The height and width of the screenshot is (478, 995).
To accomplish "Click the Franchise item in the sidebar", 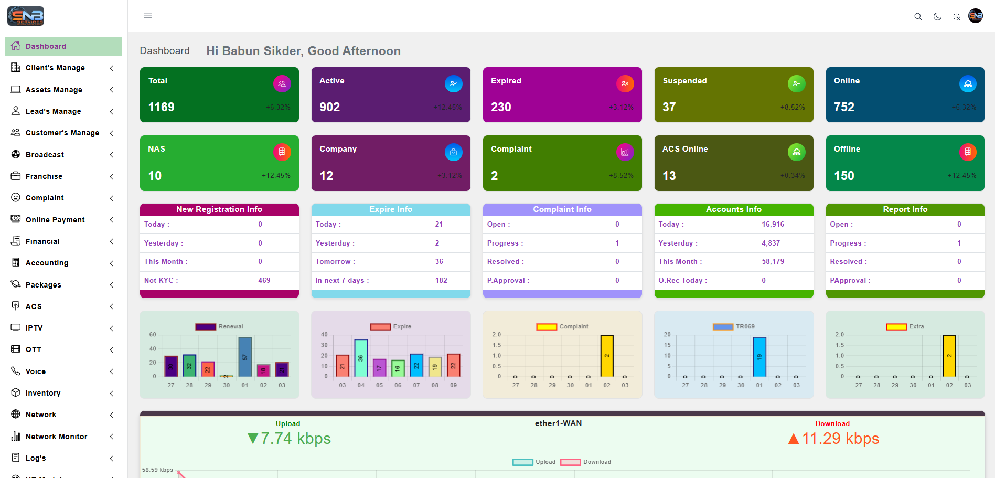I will (44, 176).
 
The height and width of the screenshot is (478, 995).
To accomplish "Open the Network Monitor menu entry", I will (56, 437).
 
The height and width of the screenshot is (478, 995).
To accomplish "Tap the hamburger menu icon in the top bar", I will (148, 16).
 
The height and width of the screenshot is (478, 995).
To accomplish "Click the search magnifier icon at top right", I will (918, 17).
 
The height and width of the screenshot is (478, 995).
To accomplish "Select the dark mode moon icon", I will (937, 17).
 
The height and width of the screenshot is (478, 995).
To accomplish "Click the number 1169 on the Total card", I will (162, 107).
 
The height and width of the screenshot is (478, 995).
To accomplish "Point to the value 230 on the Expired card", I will (501, 107).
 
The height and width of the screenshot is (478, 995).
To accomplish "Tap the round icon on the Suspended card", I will (796, 83).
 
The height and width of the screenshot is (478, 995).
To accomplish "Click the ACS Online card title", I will (685, 149).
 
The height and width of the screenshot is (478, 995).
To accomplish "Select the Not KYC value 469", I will (264, 281).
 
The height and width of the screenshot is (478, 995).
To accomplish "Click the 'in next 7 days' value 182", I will (441, 281).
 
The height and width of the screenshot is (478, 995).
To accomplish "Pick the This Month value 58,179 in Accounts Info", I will (773, 262).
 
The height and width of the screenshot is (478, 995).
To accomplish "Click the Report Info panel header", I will (905, 209).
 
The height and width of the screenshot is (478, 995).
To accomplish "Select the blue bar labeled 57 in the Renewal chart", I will (245, 357).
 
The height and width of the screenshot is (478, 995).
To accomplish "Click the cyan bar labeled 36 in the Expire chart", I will (361, 358).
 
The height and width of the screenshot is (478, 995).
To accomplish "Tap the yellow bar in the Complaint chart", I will (607, 356).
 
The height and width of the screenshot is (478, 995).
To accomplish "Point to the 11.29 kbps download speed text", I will (840, 439).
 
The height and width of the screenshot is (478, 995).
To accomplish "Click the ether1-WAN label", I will (558, 423).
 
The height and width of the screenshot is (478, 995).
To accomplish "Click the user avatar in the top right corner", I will (976, 16).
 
